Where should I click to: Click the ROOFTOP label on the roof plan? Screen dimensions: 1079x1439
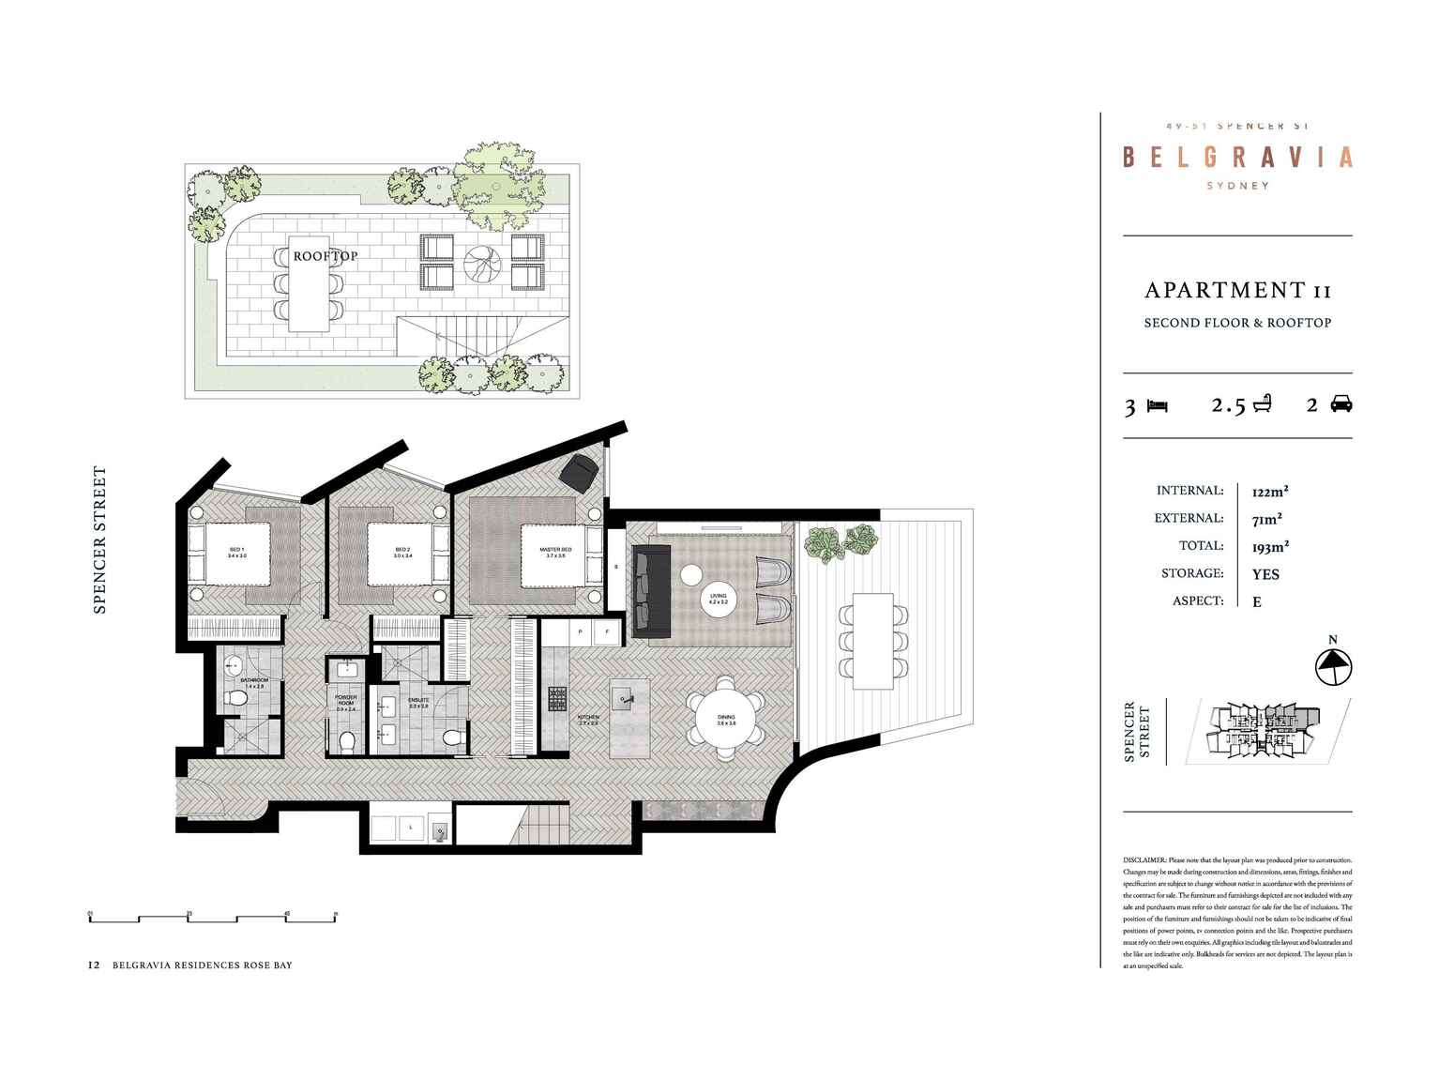[325, 256]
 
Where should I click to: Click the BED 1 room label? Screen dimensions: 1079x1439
[236, 553]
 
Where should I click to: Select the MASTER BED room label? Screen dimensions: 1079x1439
[555, 553]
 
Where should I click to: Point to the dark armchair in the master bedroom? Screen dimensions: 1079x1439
[579, 471]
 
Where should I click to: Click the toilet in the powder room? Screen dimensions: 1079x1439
[346, 742]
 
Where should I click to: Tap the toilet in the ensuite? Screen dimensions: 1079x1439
[452, 738]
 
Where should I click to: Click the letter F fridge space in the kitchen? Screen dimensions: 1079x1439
[607, 631]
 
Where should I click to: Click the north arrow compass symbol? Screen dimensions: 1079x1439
[1332, 666]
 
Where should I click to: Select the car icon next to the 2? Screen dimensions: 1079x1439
[1341, 404]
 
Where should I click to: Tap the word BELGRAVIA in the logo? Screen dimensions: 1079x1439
[1237, 157]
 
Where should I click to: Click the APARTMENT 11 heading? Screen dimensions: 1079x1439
[1237, 291]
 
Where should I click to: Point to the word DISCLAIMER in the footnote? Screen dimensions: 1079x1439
[1144, 860]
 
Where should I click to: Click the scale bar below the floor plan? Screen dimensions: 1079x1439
[213, 918]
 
